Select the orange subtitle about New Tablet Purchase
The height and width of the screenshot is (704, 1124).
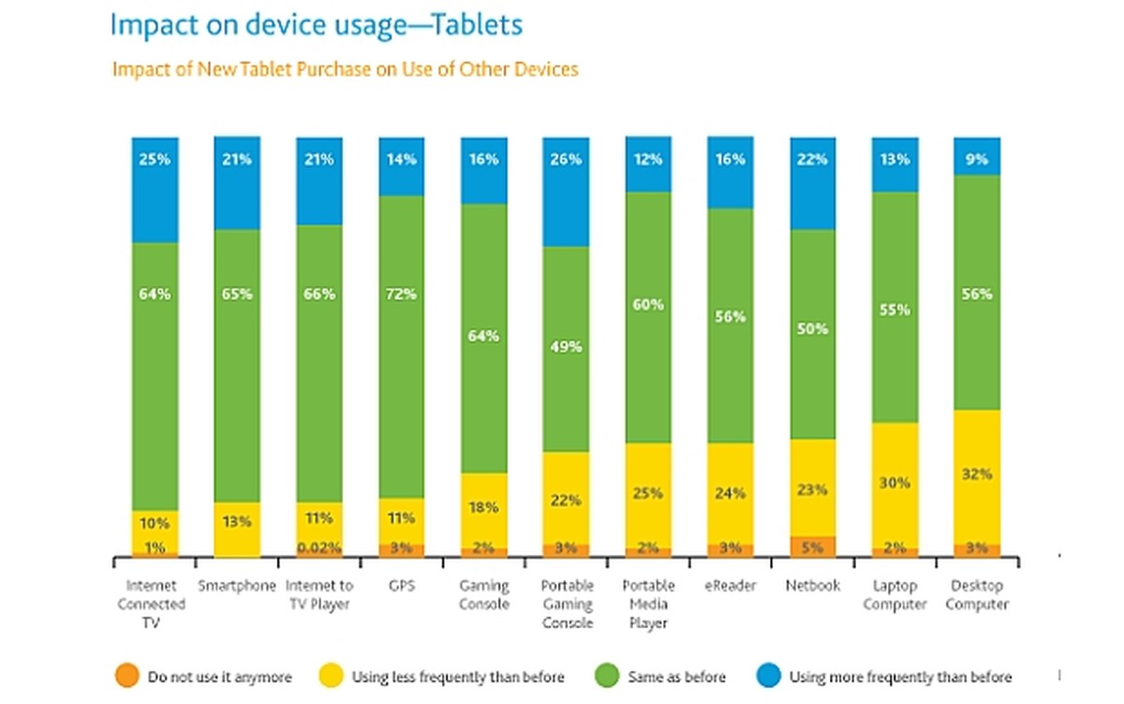coord(345,69)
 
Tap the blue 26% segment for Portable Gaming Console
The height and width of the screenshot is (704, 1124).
coord(566,192)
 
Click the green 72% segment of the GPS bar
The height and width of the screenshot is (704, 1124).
coord(402,347)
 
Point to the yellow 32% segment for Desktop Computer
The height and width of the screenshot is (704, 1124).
coord(977,476)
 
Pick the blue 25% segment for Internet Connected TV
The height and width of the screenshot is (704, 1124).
coord(155,190)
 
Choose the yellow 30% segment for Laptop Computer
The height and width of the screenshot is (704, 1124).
coord(895,485)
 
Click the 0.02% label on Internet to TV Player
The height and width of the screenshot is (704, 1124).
coord(319,548)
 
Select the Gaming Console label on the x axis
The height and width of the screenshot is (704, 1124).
coord(484,595)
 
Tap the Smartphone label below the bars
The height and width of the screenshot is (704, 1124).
coord(237,586)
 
